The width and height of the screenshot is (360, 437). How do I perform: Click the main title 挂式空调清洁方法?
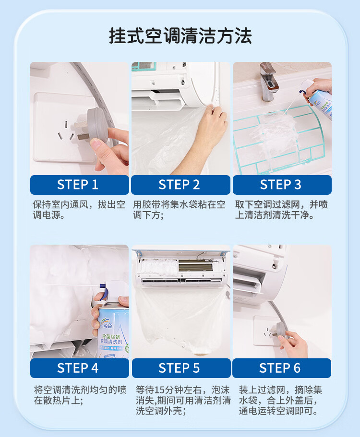[x=180, y=36]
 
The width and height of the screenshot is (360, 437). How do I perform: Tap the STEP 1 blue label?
[x=80, y=185]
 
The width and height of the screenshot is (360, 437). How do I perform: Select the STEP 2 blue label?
[x=180, y=185]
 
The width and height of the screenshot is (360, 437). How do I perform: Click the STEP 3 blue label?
[x=282, y=185]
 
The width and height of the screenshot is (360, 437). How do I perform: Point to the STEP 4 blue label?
[x=80, y=368]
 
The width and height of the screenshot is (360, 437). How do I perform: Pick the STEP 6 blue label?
[x=282, y=368]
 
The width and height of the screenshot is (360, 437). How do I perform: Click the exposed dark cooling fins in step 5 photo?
[x=195, y=266]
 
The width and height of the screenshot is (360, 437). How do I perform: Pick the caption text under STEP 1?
[x=79, y=210]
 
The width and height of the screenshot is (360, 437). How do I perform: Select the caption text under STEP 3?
[x=282, y=210]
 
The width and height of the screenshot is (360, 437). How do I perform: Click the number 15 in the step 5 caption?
[x=160, y=390]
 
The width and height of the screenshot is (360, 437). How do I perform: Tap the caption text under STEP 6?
[x=280, y=400]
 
